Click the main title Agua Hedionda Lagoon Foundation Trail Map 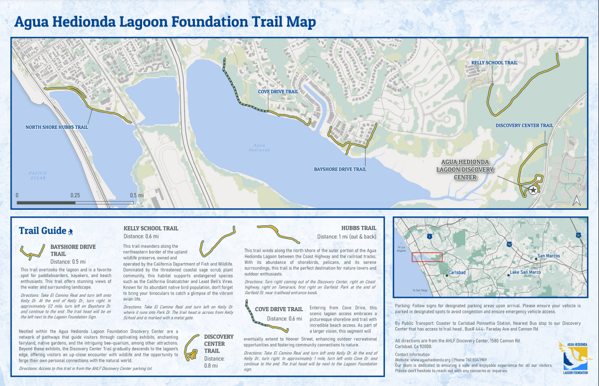(165, 21)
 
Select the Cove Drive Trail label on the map (278, 92)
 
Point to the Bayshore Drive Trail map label (340, 169)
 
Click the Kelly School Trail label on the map (494, 63)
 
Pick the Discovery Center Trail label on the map (524, 126)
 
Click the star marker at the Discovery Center (533, 190)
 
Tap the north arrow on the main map (576, 201)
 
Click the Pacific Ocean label (39, 175)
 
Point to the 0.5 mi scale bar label (137, 195)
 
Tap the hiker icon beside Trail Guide (70, 231)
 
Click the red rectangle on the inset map (427, 257)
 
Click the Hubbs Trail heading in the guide (359, 227)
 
